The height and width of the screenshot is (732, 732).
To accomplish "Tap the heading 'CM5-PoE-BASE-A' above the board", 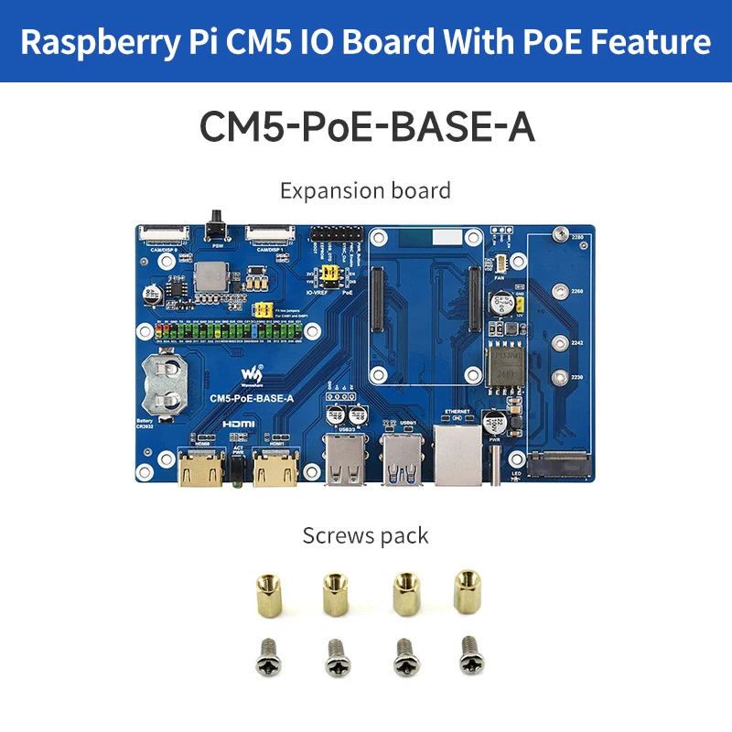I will (366, 128).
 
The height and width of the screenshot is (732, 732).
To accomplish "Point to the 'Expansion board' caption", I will (365, 190).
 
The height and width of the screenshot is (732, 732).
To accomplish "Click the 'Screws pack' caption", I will (365, 534).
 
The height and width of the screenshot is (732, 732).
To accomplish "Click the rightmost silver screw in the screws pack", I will (469, 651).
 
